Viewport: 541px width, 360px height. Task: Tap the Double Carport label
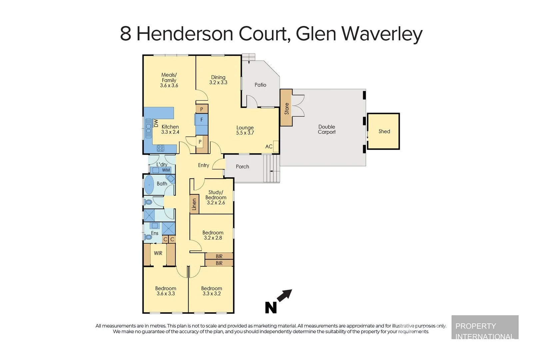pos(326,129)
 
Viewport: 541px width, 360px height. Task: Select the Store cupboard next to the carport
pos(286,108)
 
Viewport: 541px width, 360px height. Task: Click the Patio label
pos(260,85)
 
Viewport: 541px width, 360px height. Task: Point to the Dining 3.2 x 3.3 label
pos(218,80)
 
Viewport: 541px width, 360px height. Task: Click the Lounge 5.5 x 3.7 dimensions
pos(245,133)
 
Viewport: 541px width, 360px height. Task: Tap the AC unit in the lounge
pos(275,147)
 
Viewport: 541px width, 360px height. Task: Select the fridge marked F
pos(202,120)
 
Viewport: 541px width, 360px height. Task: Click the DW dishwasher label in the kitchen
pos(156,123)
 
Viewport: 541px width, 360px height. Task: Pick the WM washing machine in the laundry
pos(166,170)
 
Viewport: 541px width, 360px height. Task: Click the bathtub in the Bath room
pos(149,184)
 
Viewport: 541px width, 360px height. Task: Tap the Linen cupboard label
pos(194,204)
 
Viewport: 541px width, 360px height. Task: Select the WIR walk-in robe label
pos(158,253)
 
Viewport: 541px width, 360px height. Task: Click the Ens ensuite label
pos(155,233)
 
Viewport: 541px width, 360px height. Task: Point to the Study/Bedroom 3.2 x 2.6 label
pos(216,197)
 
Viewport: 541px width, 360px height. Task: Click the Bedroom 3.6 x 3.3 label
pos(166,291)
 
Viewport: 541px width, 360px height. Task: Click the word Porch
pos(242,167)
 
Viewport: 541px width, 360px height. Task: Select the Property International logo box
pos(485,327)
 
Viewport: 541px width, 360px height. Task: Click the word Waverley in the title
pos(382,34)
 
